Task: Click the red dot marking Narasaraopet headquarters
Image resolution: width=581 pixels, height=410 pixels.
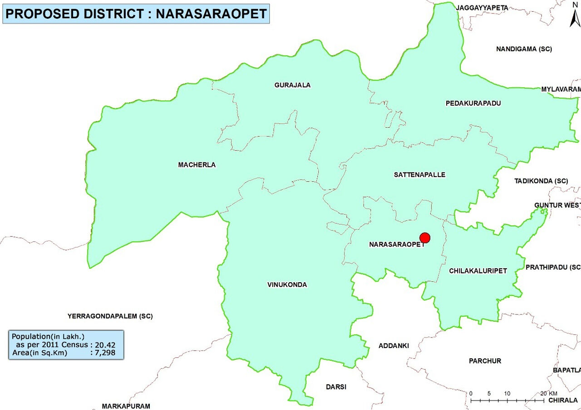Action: click(x=425, y=238)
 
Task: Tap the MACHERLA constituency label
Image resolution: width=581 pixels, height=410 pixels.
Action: click(x=197, y=165)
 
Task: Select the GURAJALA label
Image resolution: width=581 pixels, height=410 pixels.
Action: click(x=292, y=85)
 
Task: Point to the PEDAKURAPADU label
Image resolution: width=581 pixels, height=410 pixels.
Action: click(x=473, y=103)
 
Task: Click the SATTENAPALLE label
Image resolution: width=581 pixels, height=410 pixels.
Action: click(x=419, y=175)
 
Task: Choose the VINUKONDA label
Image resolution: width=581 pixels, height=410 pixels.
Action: click(x=287, y=285)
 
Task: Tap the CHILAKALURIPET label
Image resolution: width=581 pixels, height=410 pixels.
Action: click(x=478, y=271)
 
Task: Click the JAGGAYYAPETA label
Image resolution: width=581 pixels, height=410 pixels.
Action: click(x=482, y=8)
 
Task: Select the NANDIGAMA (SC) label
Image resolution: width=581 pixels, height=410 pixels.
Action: click(x=524, y=49)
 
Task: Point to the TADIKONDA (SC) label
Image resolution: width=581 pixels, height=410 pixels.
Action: click(x=541, y=181)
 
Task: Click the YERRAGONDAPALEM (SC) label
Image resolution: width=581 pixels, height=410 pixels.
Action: click(x=110, y=316)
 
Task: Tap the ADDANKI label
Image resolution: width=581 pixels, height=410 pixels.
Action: click(x=394, y=346)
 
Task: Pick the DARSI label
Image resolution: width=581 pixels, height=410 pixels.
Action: click(x=336, y=387)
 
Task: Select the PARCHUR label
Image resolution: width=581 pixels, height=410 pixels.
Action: click(x=485, y=361)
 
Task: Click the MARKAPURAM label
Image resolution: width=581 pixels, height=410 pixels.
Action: click(x=126, y=406)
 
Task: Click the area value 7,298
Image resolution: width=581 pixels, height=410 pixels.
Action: click(x=105, y=352)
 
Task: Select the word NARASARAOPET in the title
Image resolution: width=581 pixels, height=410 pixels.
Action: click(x=211, y=14)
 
